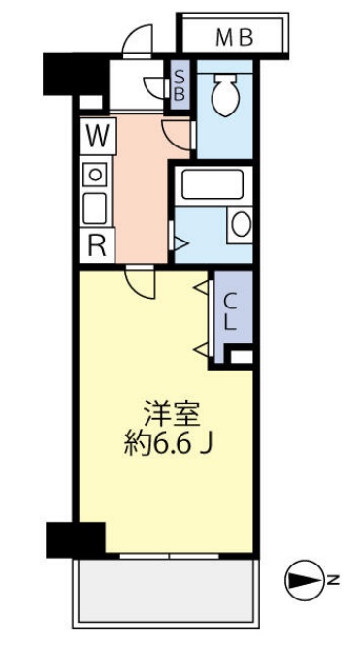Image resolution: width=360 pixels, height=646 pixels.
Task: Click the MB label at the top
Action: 233,38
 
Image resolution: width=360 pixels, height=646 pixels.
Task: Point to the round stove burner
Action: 96,174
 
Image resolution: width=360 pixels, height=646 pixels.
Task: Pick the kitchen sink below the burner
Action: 96,207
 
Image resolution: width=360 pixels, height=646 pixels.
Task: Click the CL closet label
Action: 232,314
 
